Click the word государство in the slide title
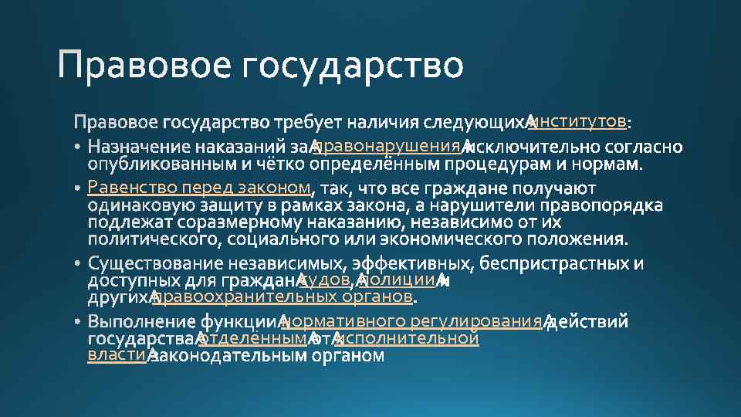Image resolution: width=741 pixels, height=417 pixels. [x=353, y=66]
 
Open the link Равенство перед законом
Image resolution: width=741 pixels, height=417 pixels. [x=199, y=187]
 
